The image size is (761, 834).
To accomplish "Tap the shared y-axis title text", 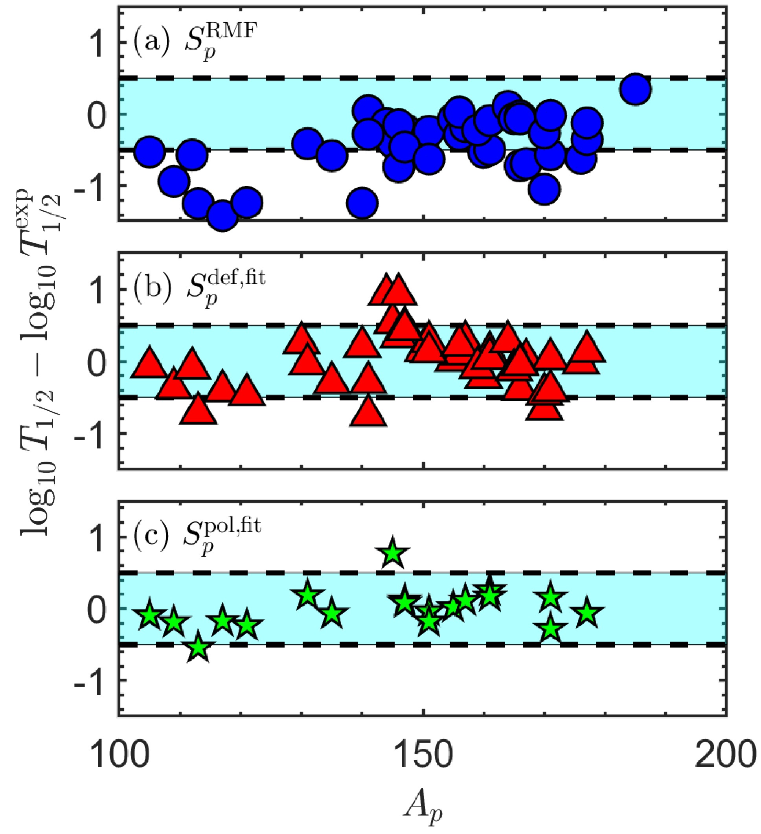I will [41, 364].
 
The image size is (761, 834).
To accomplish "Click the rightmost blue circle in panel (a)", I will [636, 89].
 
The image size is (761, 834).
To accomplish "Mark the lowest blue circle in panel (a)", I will [222, 215].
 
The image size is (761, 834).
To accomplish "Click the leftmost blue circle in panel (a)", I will [150, 152].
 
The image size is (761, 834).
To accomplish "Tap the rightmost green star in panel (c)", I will [586, 614].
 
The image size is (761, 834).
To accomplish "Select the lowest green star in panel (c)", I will [199, 648].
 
